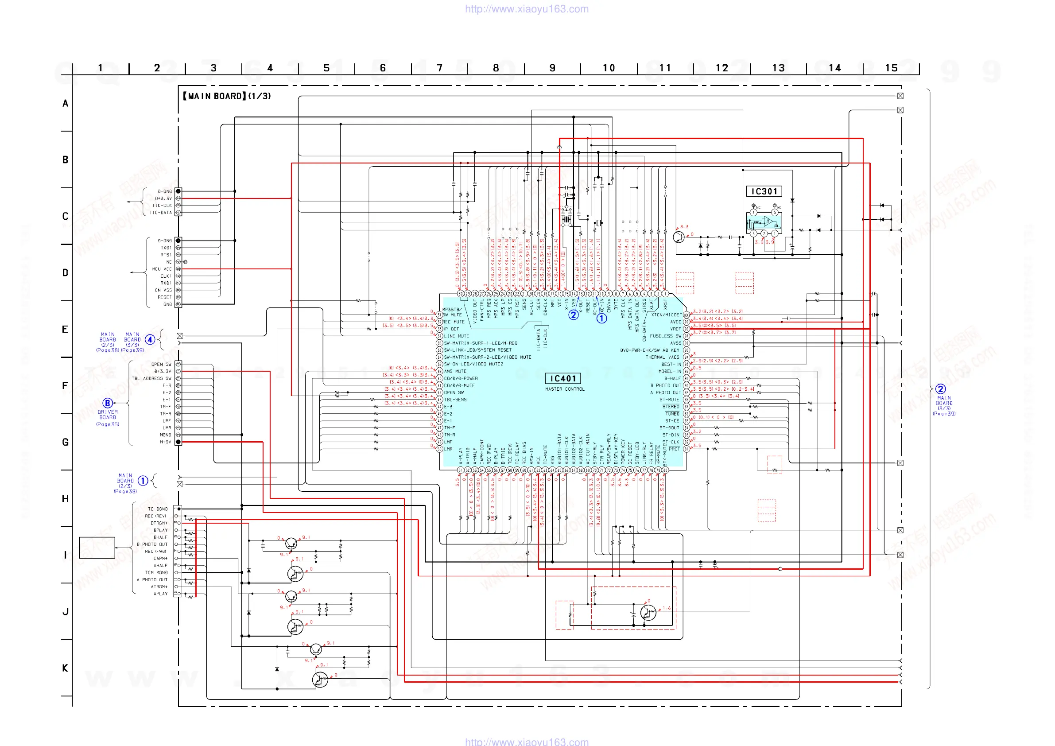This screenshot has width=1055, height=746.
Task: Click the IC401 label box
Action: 563,378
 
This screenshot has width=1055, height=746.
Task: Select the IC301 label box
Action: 764,191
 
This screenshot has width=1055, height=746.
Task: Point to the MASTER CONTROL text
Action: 565,389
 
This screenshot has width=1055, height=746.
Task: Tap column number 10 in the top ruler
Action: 609,68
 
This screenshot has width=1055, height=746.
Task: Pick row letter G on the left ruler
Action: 65,442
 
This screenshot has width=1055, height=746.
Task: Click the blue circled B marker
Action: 108,403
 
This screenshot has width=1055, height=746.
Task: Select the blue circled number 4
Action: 150,340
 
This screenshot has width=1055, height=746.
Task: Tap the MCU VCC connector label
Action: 162,269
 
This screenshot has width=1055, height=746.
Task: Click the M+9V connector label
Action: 165,442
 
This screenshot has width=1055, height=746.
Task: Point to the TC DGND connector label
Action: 158,509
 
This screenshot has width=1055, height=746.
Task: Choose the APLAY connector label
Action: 160,594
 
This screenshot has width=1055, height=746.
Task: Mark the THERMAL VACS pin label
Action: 662,357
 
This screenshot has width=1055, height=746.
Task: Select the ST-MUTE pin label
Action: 669,400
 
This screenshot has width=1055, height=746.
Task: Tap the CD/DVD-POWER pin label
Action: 461,379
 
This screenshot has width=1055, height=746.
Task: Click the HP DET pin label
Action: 451,329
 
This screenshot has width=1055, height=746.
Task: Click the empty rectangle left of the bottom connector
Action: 97,548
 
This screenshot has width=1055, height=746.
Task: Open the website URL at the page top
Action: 527,9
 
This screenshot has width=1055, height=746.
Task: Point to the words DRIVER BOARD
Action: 108,415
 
